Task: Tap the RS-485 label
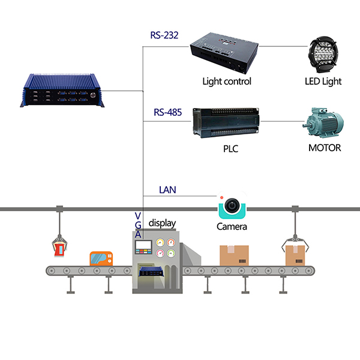(166, 112)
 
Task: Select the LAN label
(167, 190)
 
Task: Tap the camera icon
(232, 207)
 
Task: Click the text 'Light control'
(227, 81)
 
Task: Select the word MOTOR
(325, 147)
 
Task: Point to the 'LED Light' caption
(323, 81)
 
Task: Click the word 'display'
(163, 223)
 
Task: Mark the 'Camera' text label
(232, 227)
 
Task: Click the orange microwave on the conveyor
(103, 259)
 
